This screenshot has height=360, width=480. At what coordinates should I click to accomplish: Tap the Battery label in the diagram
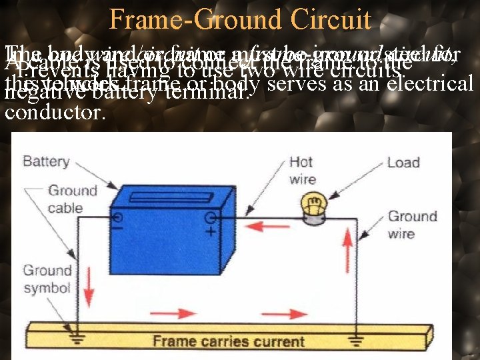(x=45, y=161)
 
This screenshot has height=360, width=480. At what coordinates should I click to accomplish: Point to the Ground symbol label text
(x=47, y=279)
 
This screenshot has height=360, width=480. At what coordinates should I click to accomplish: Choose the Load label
(x=403, y=163)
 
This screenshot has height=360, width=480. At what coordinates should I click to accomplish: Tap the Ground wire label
(x=413, y=225)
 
